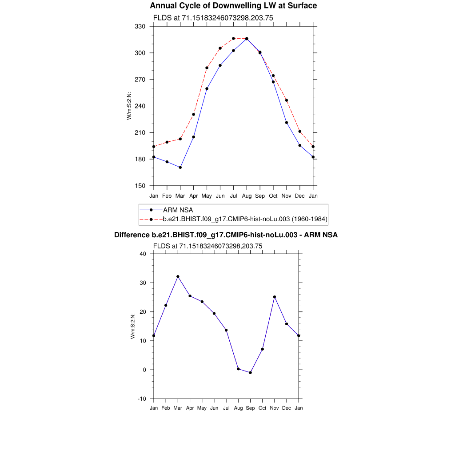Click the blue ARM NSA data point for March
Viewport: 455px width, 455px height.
pos(180,168)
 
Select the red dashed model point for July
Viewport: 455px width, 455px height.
pos(233,39)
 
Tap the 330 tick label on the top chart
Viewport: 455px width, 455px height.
pos(140,26)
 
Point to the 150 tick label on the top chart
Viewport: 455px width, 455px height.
pos(140,186)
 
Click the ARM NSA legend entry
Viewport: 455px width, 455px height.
pos(178,210)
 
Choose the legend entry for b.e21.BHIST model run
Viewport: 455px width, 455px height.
pos(245,219)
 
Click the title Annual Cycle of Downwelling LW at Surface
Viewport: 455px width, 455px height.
pos(233,6)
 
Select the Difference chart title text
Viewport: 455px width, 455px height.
pos(226,235)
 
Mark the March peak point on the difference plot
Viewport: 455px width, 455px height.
pos(178,276)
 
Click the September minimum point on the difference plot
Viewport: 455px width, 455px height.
pos(251,373)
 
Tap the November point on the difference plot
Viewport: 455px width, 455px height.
pos(275,297)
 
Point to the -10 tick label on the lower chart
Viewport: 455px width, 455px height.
pos(142,399)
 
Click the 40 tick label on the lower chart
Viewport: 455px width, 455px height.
pos(143,254)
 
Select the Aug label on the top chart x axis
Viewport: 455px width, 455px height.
pos(247,196)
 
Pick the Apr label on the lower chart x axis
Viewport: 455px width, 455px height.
pos(190,408)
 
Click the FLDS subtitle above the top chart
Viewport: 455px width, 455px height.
pos(213,18)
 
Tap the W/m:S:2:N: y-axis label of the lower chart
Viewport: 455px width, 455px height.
pos(133,327)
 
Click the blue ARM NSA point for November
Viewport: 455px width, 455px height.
pos(287,123)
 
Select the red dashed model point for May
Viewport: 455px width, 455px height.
pos(207,68)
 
